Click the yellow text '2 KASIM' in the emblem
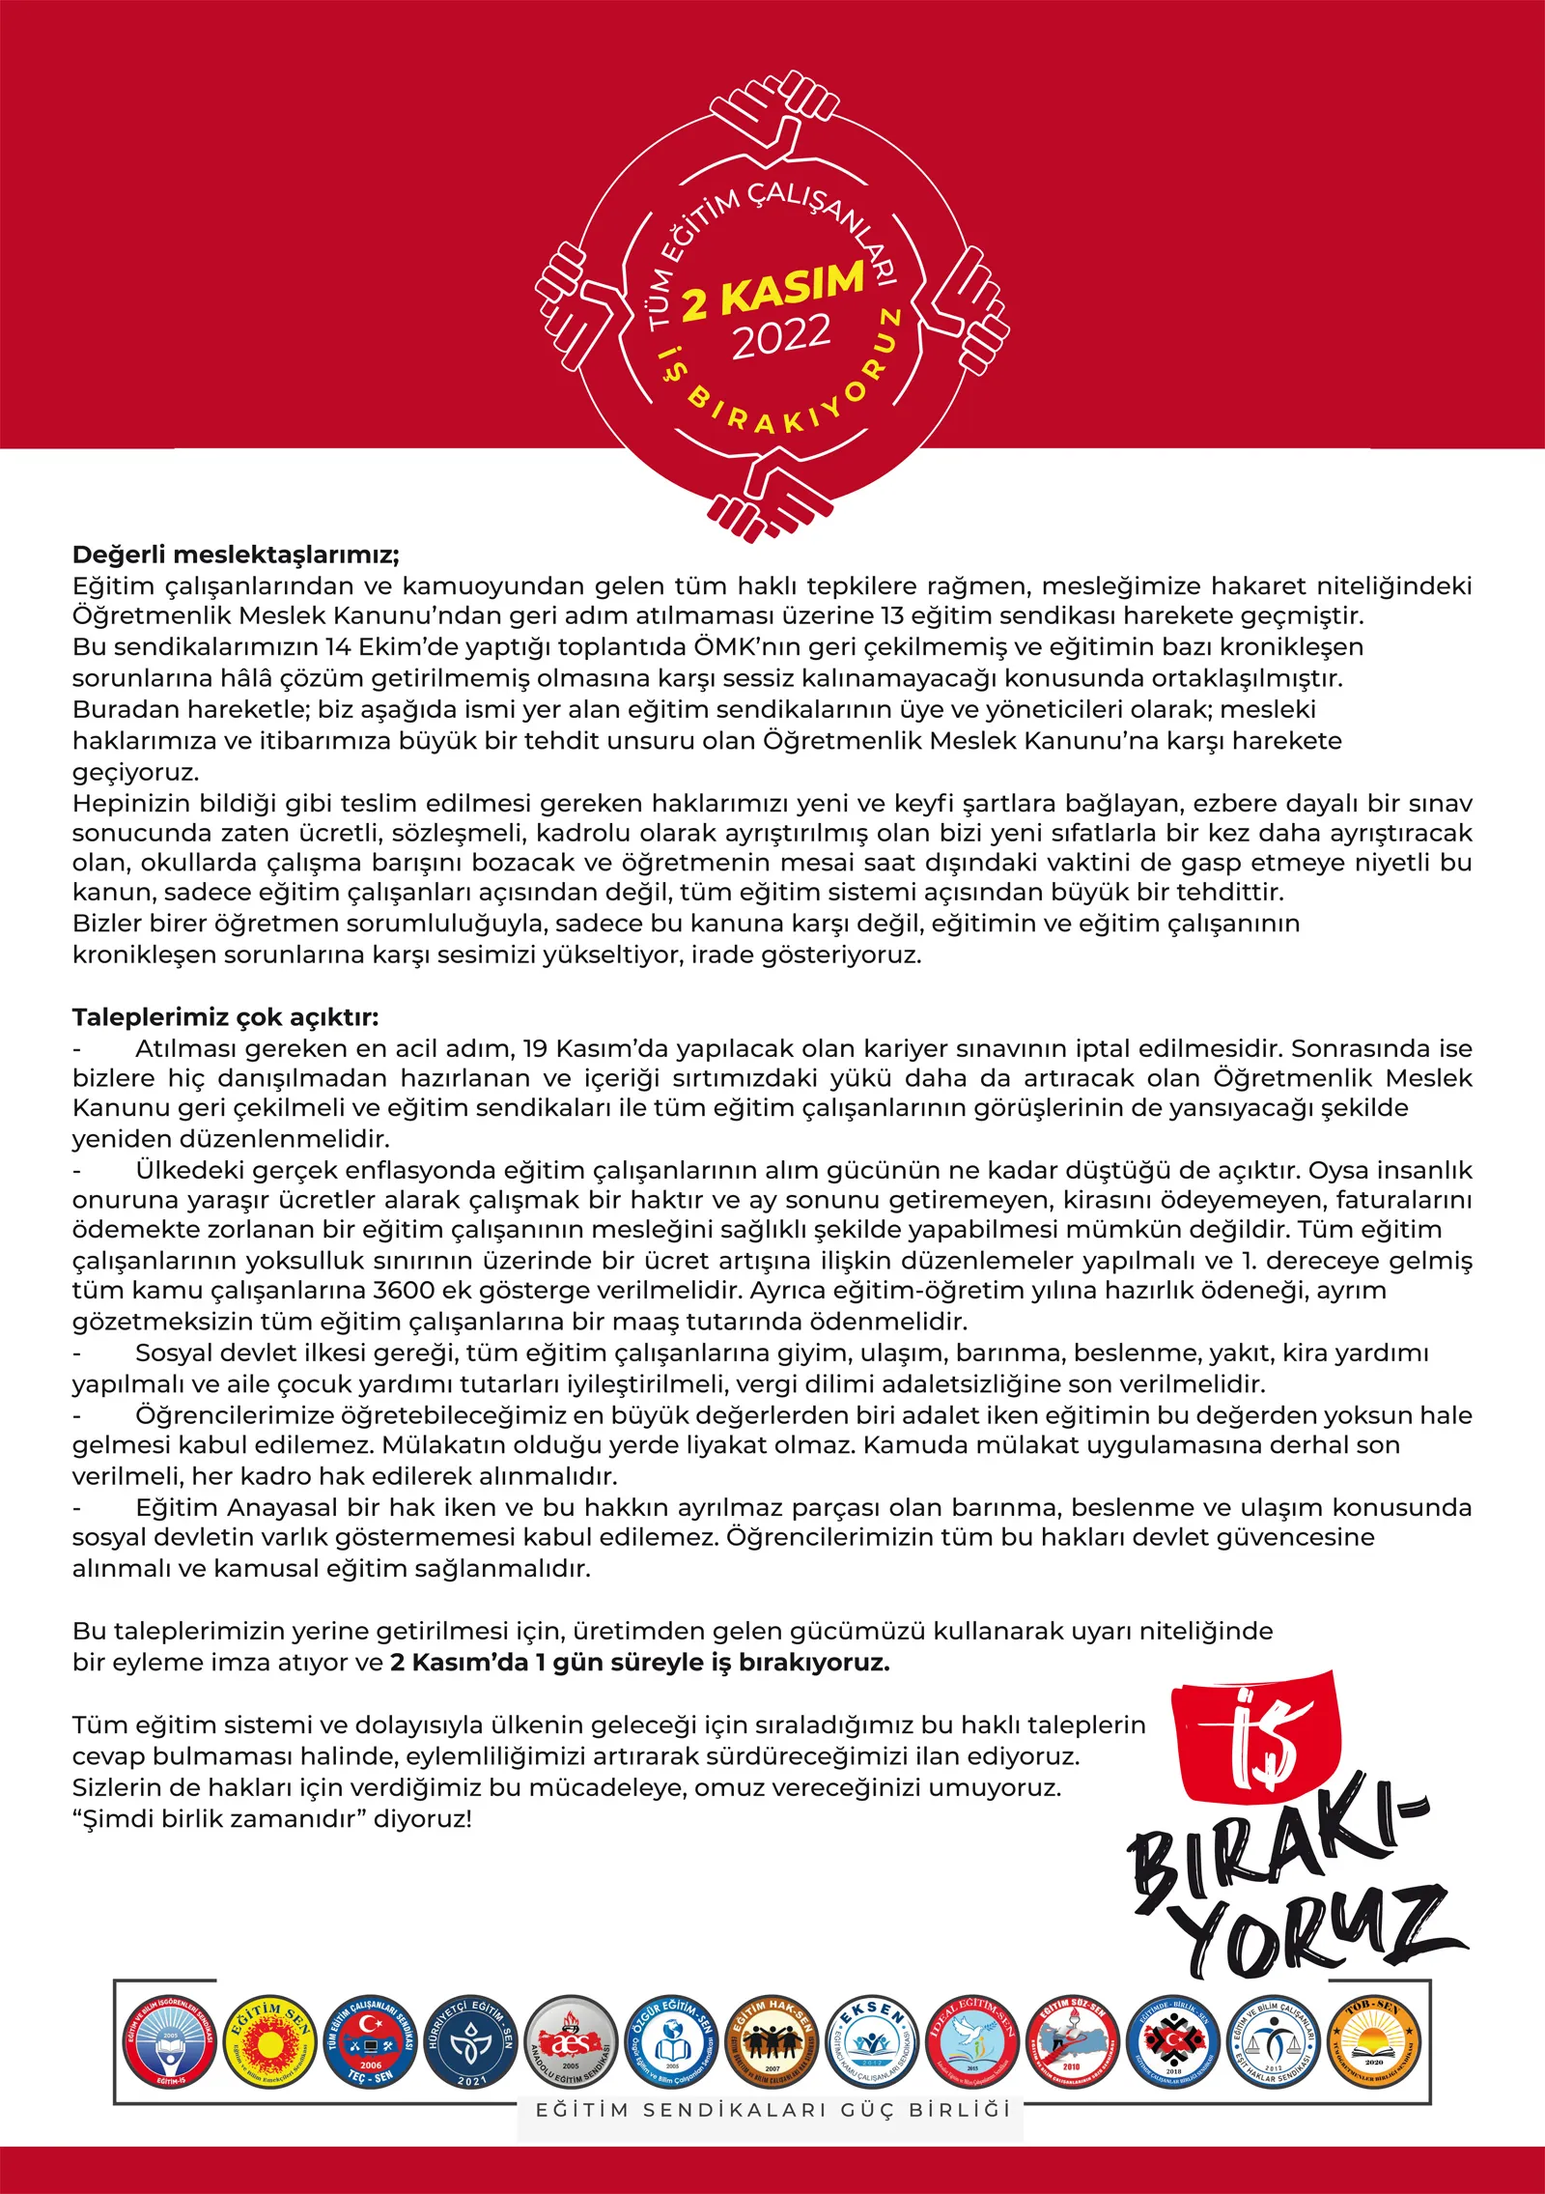tap(772, 291)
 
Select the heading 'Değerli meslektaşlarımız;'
tap(236, 555)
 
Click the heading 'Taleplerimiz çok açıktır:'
tap(226, 1017)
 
